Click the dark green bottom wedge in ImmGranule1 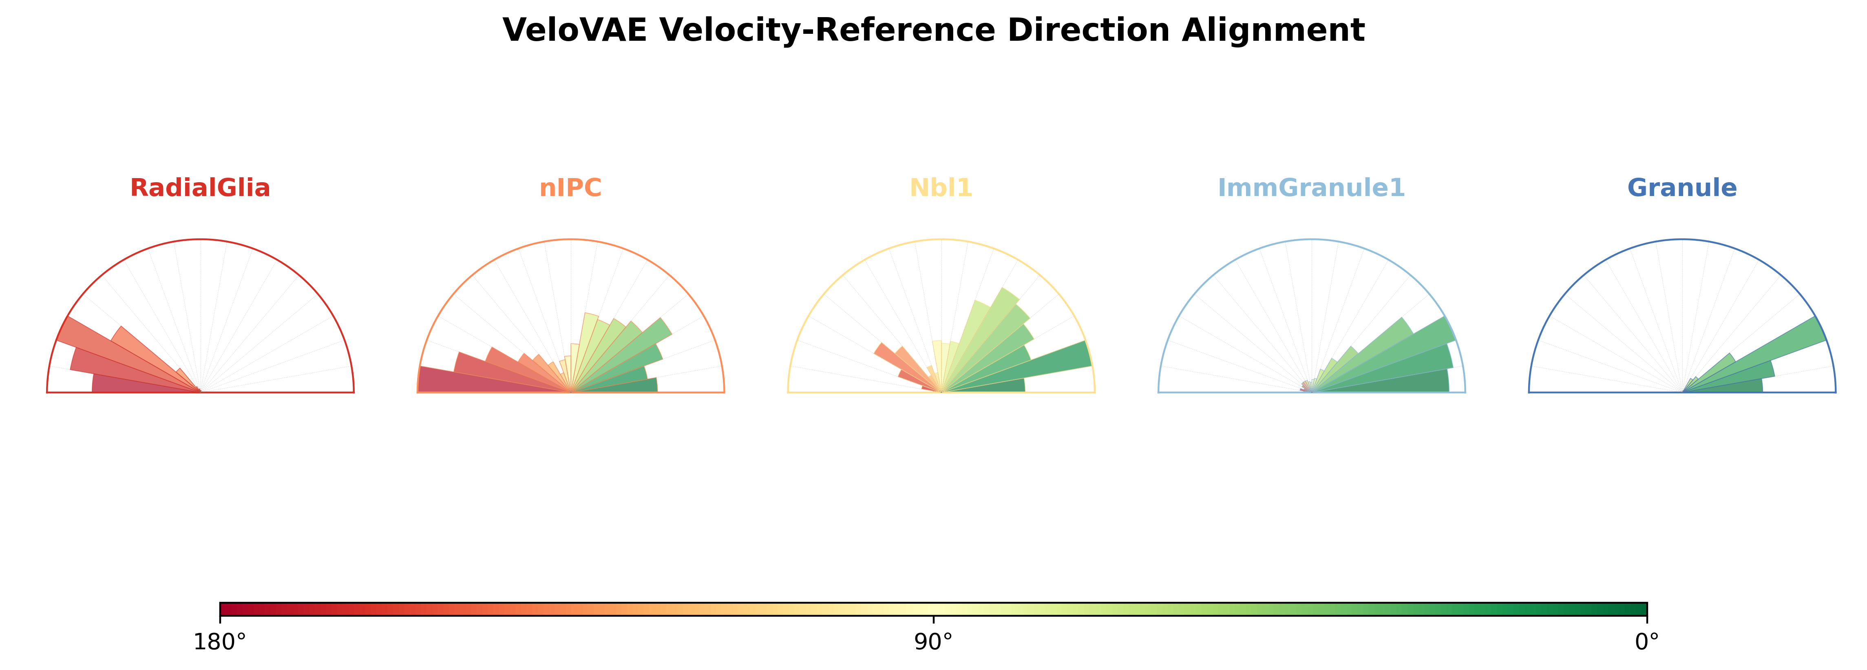click(x=1381, y=382)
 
